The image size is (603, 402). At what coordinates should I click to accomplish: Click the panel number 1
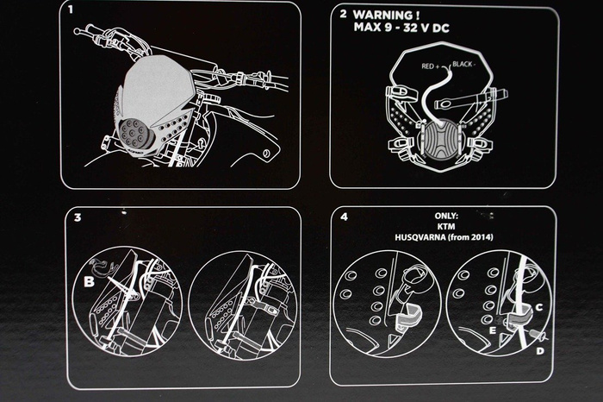(x=70, y=9)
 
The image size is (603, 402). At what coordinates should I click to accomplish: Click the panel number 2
(x=344, y=15)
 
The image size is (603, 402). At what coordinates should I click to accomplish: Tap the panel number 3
(x=78, y=217)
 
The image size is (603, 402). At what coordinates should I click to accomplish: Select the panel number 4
(x=345, y=217)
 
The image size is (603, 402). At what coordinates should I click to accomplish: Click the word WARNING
(x=384, y=16)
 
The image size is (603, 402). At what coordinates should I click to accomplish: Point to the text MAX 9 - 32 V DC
(x=401, y=28)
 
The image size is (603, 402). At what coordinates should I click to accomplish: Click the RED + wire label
(x=431, y=66)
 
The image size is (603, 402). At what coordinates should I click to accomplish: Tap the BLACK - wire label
(x=463, y=64)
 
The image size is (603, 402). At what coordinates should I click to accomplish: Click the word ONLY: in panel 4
(x=446, y=216)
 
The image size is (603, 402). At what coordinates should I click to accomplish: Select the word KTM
(x=446, y=226)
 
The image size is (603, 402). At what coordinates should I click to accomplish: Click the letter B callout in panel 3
(x=89, y=282)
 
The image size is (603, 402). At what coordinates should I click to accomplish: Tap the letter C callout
(x=539, y=307)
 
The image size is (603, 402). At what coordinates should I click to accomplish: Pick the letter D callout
(x=540, y=351)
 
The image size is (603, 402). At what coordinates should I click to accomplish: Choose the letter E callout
(x=493, y=330)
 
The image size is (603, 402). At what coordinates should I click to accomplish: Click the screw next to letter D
(x=537, y=334)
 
